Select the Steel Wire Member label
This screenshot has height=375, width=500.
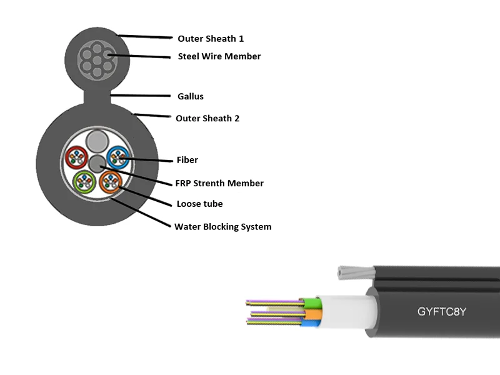click(219, 56)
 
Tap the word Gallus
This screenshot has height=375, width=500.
click(191, 96)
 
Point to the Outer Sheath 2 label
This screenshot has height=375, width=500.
click(207, 117)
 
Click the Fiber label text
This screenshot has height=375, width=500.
click(187, 160)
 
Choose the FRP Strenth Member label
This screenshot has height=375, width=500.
click(220, 183)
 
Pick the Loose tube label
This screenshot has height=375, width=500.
click(199, 204)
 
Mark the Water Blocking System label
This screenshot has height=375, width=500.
click(223, 226)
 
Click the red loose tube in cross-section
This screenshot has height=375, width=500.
click(77, 157)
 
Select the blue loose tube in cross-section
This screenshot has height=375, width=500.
click(117, 157)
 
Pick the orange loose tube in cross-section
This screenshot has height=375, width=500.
click(111, 181)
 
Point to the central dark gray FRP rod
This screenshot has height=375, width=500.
click(97, 164)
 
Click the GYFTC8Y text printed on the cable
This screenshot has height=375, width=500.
click(442, 311)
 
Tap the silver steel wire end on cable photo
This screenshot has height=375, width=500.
click(347, 272)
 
